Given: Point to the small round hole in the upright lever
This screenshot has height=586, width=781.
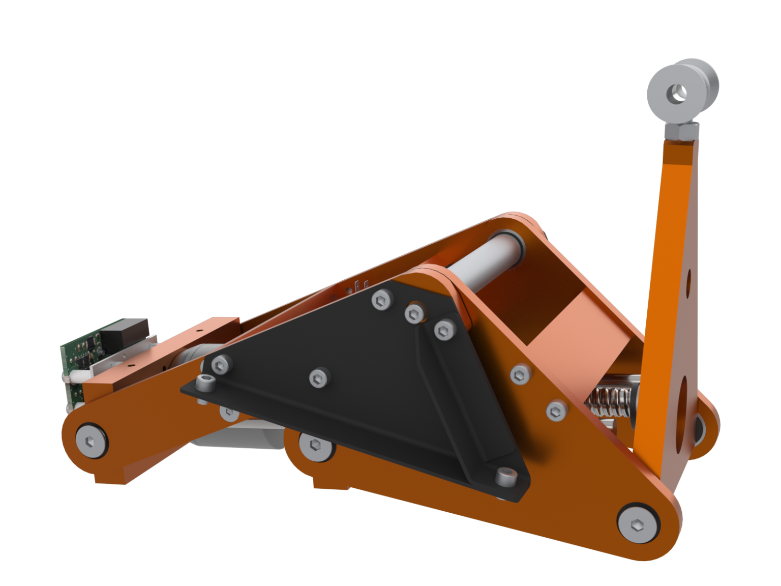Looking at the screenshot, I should coord(689,281).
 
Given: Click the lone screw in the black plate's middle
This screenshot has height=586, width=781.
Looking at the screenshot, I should coord(318,377).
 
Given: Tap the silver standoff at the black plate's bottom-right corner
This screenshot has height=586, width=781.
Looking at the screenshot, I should coord(506,477).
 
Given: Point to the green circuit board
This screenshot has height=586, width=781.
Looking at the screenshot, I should coord(76,356).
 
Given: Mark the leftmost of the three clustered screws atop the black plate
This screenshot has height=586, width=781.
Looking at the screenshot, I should coord(381,300).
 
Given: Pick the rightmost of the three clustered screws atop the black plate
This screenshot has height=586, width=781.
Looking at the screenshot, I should coord(444,331).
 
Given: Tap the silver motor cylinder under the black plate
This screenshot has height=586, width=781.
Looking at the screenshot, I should coord(244,437).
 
